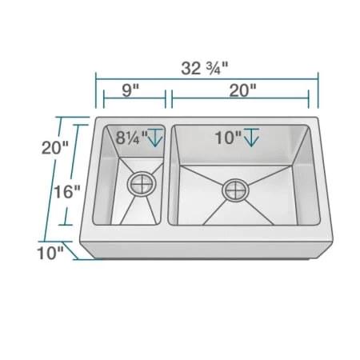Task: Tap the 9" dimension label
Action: click(x=131, y=90)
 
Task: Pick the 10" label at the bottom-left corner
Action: click(x=48, y=254)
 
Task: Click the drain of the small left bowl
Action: click(x=142, y=183)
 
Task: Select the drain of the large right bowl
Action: click(x=237, y=190)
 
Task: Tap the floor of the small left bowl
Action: click(x=136, y=204)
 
